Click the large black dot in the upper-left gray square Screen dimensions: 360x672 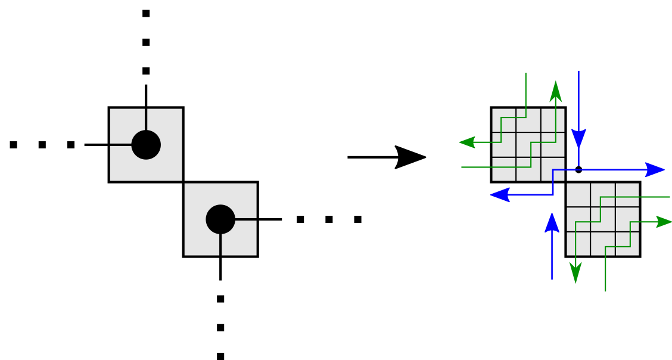click(146, 145)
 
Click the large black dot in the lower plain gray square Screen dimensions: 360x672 click(220, 219)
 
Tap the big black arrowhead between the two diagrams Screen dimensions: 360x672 click(410, 157)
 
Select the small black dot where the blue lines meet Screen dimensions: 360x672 click(578, 170)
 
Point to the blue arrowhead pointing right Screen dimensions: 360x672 click(655, 170)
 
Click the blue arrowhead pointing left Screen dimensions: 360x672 click(499, 195)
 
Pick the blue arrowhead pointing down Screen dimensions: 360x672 click(578, 139)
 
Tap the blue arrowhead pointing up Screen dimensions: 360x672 click(552, 223)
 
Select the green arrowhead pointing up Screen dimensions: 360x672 click(556, 91)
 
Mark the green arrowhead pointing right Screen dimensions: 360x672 click(664, 222)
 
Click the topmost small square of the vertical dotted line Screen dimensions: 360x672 click(146, 13)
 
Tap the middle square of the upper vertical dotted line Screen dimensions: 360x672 click(146, 42)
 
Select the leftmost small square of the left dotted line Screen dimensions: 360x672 click(14, 145)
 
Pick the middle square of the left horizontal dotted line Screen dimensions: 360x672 click(42, 145)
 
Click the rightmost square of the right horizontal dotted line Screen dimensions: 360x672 click(357, 219)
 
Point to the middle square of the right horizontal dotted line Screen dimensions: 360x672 click(329, 219)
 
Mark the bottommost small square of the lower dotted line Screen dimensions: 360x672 click(220, 356)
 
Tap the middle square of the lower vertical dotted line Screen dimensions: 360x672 click(220, 327)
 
